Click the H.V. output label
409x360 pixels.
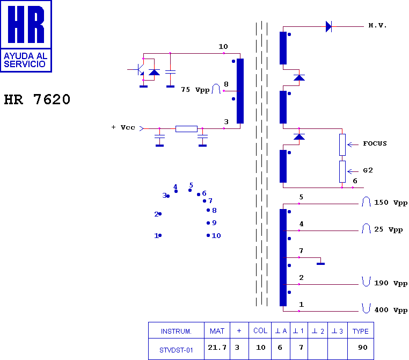click(x=377, y=25)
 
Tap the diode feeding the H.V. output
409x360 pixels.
click(x=328, y=26)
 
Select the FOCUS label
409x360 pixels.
click(x=375, y=143)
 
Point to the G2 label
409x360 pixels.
click(x=368, y=170)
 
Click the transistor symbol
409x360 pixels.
click(x=141, y=69)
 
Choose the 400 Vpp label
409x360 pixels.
click(x=391, y=310)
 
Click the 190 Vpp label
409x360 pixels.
click(x=391, y=283)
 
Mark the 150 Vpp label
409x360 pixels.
click(x=391, y=203)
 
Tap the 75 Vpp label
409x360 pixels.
click(x=195, y=90)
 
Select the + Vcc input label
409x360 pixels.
click(x=123, y=127)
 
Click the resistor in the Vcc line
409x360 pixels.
click(x=186, y=129)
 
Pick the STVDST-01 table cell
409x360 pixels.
click(x=176, y=350)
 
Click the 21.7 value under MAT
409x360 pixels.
click(x=217, y=348)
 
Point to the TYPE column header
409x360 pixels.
click(x=361, y=332)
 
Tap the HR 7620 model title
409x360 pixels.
click(x=37, y=99)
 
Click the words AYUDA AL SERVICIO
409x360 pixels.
click(x=25, y=60)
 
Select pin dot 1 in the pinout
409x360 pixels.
click(x=160, y=235)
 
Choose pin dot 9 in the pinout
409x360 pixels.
click(x=208, y=223)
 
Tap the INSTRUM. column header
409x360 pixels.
click(x=176, y=332)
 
